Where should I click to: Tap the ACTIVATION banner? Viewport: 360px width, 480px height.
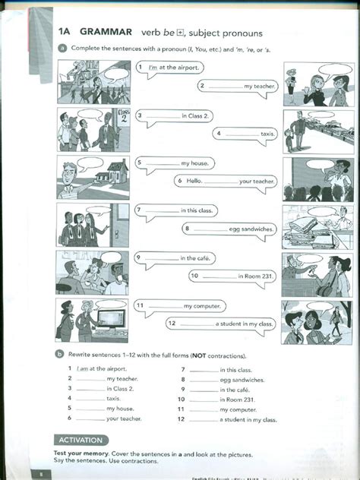pyautogui.click(x=82, y=440)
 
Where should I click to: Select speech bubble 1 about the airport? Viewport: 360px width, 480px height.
pyautogui.click(x=169, y=68)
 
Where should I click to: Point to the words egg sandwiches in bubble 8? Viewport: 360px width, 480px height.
pyautogui.click(x=251, y=228)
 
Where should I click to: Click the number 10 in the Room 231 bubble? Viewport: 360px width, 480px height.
pyautogui.click(x=194, y=276)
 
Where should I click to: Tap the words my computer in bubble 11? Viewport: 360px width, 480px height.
pyautogui.click(x=202, y=306)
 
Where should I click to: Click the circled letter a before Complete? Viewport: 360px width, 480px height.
pyautogui.click(x=62, y=48)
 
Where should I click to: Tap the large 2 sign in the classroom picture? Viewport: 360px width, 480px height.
pyautogui.click(x=124, y=120)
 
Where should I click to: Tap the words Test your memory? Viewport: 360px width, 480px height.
pyautogui.click(x=80, y=453)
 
